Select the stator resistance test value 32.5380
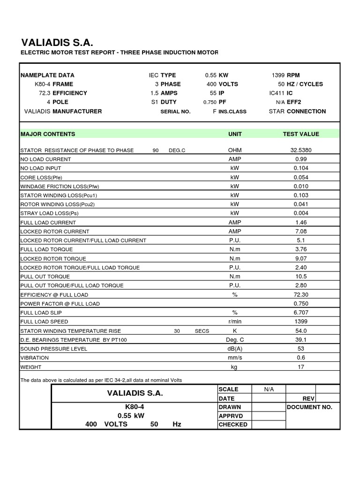click(301, 150)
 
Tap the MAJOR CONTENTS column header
click(48, 134)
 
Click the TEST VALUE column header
click(301, 134)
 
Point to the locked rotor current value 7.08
click(300, 232)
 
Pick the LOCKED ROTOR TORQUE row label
click(53, 259)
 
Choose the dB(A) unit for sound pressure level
click(234, 349)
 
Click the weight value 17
click(300, 367)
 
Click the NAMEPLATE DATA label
click(47, 75)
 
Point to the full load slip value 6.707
click(300, 313)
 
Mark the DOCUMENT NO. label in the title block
click(309, 407)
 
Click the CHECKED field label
click(233, 425)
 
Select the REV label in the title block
click(308, 398)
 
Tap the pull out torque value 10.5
click(300, 277)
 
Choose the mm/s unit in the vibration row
click(234, 358)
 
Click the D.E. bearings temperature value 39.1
click(300, 340)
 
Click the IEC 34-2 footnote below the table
click(101, 380)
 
